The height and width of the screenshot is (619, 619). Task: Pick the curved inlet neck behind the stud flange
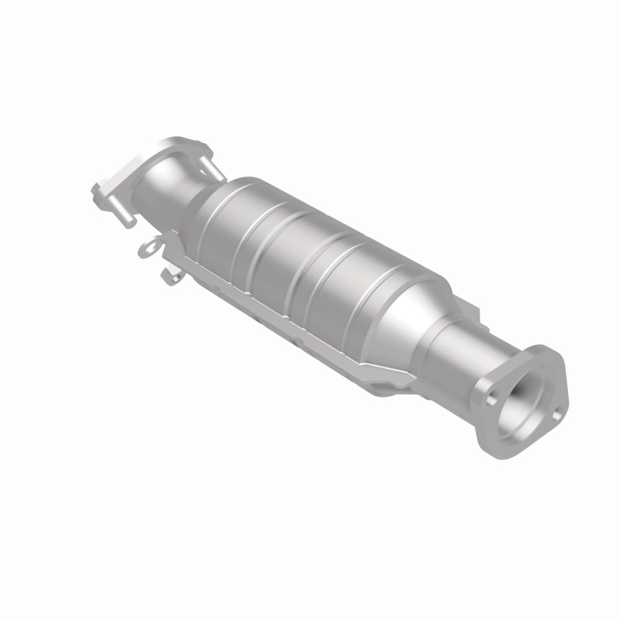[x=166, y=193]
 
